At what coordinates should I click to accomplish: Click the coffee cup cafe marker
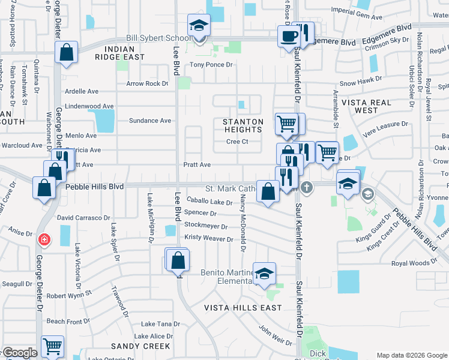click(289, 35)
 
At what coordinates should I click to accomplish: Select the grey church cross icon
click(307, 187)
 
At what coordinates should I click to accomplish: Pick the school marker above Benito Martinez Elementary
click(264, 274)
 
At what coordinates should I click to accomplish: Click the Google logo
click(19, 353)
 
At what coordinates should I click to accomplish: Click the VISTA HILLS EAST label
click(243, 308)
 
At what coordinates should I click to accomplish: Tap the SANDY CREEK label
click(140, 346)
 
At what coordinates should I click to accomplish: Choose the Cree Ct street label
click(237, 142)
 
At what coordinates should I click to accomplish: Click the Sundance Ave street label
click(150, 121)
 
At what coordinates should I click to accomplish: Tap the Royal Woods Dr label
click(414, 263)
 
